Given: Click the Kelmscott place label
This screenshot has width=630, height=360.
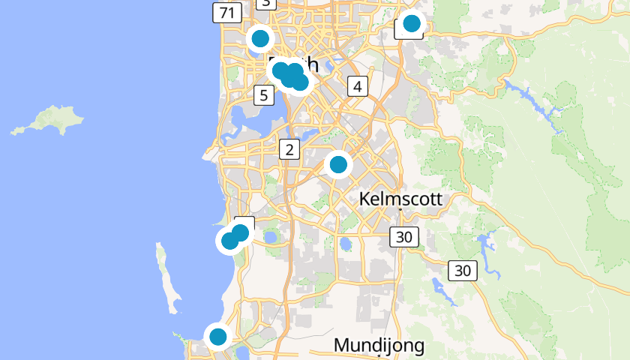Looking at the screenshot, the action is [400, 199].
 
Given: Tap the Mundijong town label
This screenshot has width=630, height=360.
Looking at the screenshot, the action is [379, 346].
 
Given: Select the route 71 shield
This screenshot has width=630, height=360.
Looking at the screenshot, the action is [226, 12].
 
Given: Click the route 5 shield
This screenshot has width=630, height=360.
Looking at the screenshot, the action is [263, 95].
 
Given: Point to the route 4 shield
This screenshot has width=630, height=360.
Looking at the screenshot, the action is [357, 86].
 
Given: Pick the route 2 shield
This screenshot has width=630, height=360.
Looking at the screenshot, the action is [289, 149].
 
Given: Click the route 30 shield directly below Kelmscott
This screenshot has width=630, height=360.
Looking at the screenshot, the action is [404, 237].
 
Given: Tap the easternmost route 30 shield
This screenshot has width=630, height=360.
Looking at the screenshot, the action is [463, 271].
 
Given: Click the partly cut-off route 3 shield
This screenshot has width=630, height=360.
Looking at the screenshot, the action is [265, 3].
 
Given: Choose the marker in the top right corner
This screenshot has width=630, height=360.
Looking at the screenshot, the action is [411, 23].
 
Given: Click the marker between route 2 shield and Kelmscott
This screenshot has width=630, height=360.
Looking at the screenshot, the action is [338, 163].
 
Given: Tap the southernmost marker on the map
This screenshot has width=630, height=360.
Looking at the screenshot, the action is [217, 336].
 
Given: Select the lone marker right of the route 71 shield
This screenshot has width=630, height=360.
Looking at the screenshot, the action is [260, 37].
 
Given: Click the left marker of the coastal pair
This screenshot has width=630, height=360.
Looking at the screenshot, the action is [229, 241].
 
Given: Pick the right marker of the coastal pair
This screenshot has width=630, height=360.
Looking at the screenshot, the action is [241, 233].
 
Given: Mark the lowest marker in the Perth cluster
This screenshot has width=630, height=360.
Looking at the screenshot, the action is [300, 82].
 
